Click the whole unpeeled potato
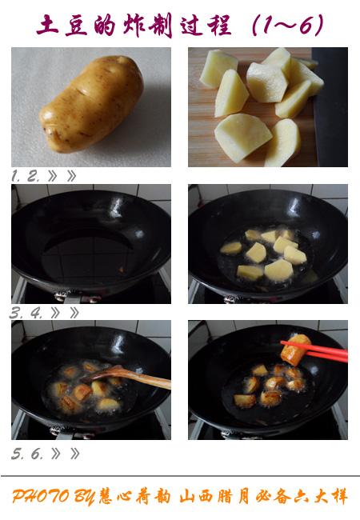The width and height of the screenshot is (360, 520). pos(91,104)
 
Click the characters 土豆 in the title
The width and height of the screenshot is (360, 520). pos(62,25)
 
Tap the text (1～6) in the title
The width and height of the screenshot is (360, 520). pos(287,25)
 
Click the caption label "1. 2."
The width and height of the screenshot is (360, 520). pos(25,176)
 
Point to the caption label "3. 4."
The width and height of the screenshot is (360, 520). pos(26,313)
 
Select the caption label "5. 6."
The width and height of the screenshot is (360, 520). pos(27,454)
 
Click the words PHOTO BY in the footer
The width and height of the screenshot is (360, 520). pos(53,497)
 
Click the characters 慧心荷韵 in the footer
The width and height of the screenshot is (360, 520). pos(135,497)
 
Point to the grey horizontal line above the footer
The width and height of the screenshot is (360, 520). pos(180,476)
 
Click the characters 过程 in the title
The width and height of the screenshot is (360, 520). pos(206,25)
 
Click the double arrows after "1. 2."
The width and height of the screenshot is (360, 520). pos(62,176)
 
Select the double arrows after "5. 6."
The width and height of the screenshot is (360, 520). pos(66,454)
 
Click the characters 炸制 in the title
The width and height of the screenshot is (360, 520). pos(148,25)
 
